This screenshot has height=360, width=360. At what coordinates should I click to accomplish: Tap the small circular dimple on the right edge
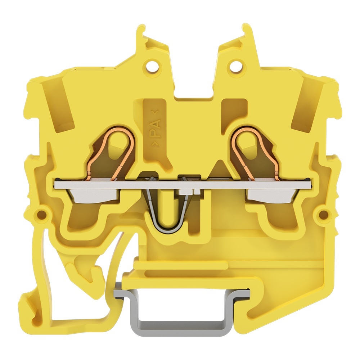[x=323, y=214]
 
